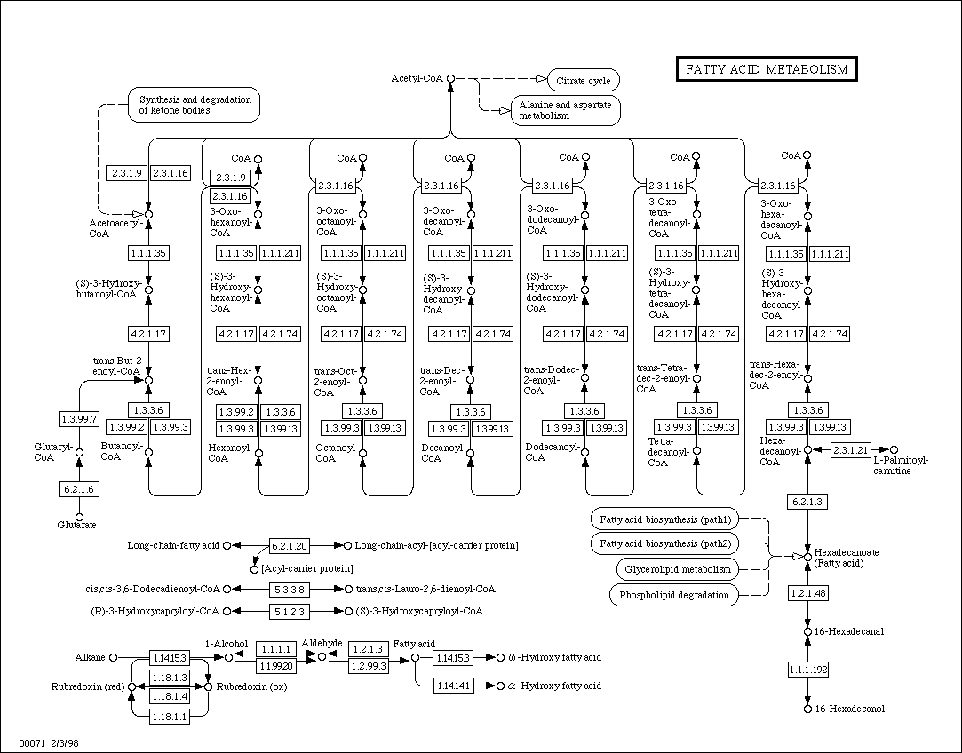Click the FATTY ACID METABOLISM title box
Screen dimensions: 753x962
(767, 69)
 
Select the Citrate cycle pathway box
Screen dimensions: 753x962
(583, 81)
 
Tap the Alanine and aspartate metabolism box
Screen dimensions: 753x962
(564, 110)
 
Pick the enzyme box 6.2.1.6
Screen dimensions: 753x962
(78, 488)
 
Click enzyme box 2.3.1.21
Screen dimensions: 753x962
(849, 450)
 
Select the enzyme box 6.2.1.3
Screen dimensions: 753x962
(807, 503)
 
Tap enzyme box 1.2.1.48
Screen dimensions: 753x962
(807, 592)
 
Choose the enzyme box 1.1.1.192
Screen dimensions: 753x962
(807, 670)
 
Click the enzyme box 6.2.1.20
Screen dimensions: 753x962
(289, 545)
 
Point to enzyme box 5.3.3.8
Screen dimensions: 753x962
(289, 589)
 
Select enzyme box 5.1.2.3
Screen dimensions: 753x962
(289, 611)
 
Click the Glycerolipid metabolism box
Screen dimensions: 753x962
(677, 569)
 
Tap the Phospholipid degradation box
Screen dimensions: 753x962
(674, 595)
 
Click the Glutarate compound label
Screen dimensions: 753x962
(77, 526)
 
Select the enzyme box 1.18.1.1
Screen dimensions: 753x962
(169, 717)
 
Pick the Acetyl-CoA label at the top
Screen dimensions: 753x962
(417, 79)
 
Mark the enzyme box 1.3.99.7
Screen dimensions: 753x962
(78, 416)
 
